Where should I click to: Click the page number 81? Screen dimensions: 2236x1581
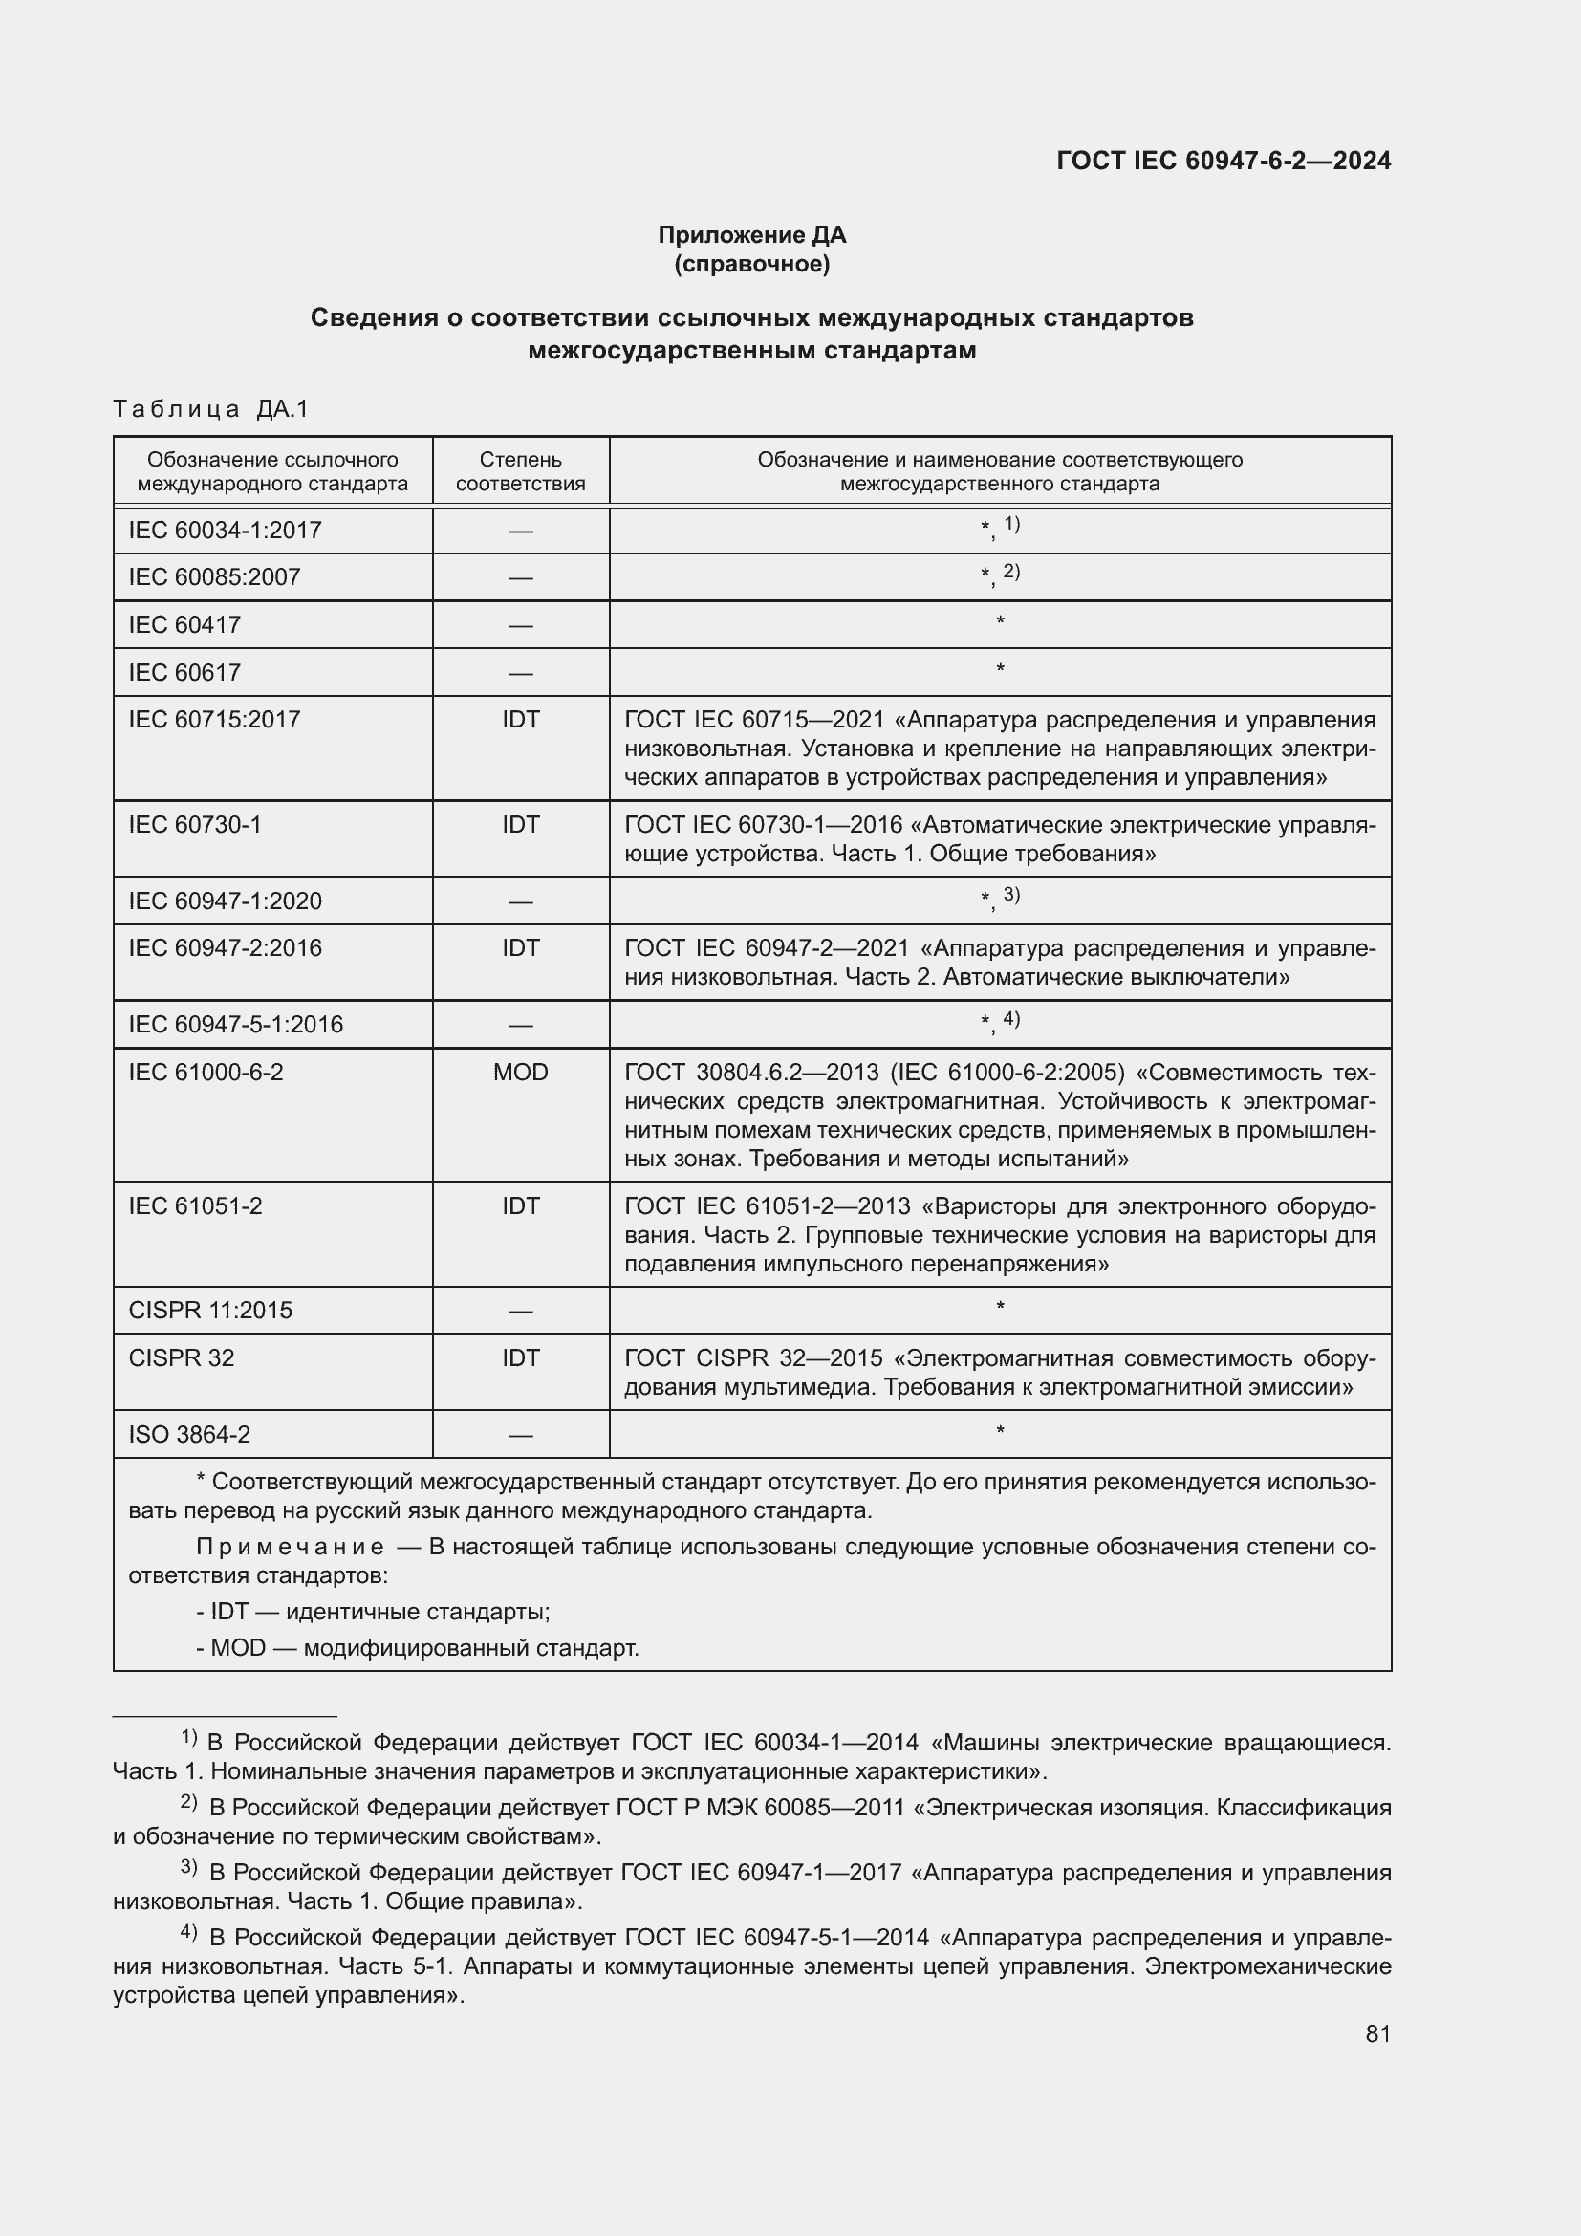(1377, 2033)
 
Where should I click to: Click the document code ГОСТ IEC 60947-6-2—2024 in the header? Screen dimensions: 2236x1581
(1223, 162)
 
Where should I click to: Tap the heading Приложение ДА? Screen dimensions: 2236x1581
(751, 235)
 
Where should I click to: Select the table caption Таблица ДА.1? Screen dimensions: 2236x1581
(210, 409)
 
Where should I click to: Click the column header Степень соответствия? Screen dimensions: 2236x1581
(520, 471)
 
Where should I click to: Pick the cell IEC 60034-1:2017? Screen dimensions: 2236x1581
(225, 531)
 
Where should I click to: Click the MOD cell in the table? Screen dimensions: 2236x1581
(520, 1073)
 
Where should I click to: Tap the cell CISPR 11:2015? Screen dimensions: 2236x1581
(210, 1311)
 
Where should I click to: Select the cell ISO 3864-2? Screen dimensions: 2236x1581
(189, 1435)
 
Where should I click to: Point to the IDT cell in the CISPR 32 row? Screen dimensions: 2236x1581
(520, 1357)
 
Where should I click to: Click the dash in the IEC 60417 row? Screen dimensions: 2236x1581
(520, 626)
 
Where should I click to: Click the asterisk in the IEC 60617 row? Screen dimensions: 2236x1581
(1000, 670)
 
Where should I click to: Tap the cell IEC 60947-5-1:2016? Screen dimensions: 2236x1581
(235, 1025)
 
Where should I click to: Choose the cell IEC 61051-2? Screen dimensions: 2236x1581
(195, 1205)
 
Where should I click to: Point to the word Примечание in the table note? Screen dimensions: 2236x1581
(291, 1548)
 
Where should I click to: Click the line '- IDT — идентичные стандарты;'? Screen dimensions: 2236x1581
(373, 1612)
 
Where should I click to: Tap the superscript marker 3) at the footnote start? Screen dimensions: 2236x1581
(189, 1868)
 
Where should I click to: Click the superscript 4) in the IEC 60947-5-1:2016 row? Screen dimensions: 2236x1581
(1010, 1019)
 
